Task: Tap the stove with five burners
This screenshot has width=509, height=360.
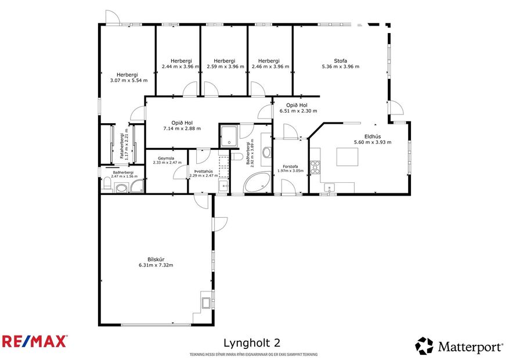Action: (315, 167)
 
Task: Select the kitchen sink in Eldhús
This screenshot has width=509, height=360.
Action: (328, 187)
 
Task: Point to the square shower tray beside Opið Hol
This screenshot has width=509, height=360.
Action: (228, 135)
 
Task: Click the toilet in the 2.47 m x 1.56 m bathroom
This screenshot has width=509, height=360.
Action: (107, 185)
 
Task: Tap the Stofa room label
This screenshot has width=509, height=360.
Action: (340, 60)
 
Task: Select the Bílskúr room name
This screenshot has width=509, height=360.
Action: (156, 259)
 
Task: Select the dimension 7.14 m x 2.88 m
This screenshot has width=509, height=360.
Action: (182, 128)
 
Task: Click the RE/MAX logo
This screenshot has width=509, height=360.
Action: (34, 341)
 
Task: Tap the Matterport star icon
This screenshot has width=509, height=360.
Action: (424, 346)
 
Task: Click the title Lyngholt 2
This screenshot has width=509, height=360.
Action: (255, 343)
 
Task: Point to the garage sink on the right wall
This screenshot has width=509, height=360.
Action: (206, 301)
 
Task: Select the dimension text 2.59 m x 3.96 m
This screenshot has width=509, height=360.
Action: (224, 67)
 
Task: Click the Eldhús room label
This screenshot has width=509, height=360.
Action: (372, 136)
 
